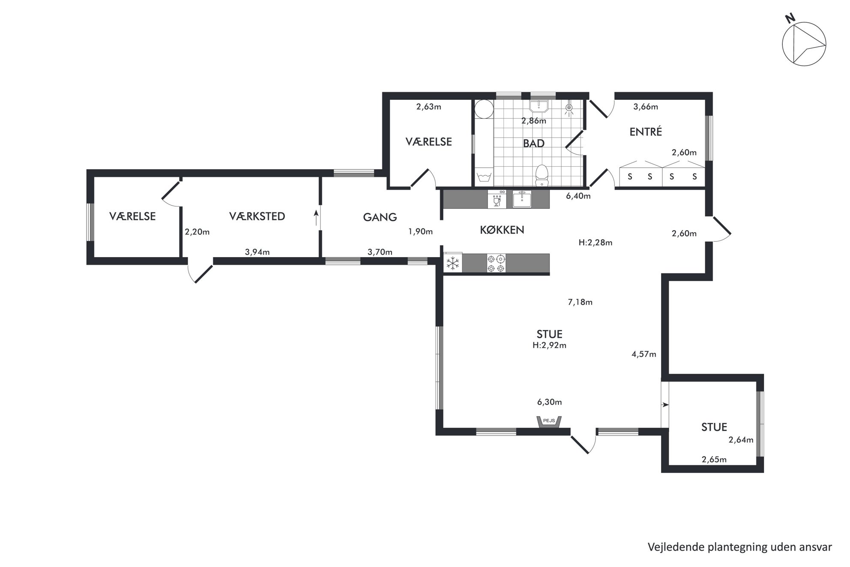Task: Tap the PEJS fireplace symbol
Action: point(549,421)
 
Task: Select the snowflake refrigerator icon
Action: point(452,263)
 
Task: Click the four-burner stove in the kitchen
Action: point(496,263)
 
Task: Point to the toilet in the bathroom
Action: point(542,175)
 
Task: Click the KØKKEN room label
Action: point(502,230)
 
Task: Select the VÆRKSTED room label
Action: point(257,216)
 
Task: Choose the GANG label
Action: point(380,217)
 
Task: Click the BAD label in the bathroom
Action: point(534,143)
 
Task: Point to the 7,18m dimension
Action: point(580,302)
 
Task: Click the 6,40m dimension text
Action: point(578,196)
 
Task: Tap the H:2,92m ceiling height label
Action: point(549,345)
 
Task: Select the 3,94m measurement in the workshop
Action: point(257,252)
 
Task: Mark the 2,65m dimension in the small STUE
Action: point(714,460)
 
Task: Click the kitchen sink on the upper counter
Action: point(522,200)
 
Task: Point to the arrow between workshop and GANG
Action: point(316,218)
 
